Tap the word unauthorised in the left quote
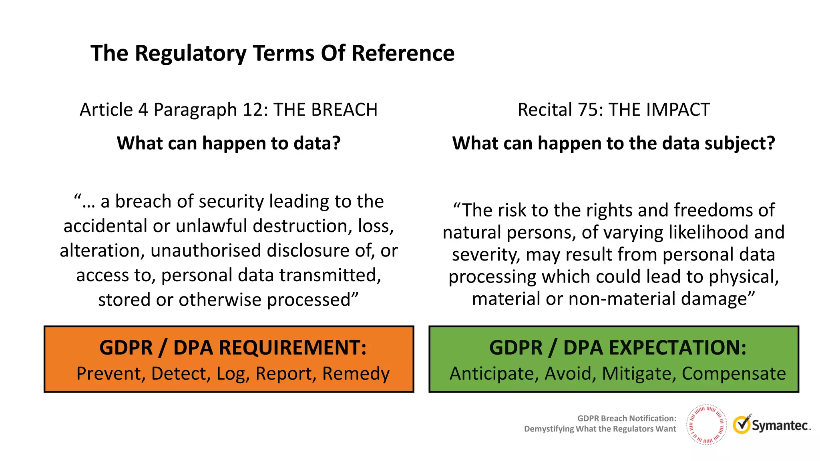pyautogui.click(x=205, y=251)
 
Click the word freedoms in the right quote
pyautogui.click(x=705, y=210)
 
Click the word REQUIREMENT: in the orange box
pyautogui.click(x=292, y=347)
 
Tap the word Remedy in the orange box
pyautogui.click(x=356, y=374)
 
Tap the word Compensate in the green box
pyautogui.click(x=734, y=374)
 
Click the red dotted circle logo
pyautogui.click(x=706, y=425)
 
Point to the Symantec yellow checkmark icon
pyautogui.click(x=742, y=425)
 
